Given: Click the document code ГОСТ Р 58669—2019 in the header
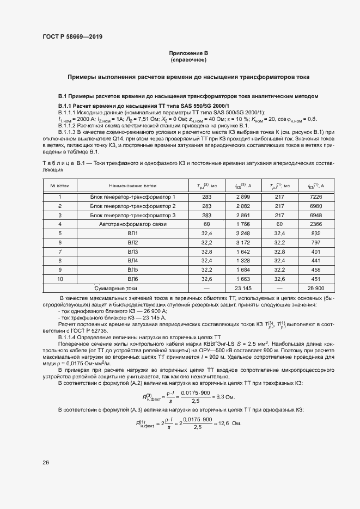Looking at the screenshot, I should [72, 37].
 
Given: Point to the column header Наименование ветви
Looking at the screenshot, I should [132, 186].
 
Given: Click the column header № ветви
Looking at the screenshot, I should [60, 186].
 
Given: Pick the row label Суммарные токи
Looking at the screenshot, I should [116, 288].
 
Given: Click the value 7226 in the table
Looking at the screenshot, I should [316, 197].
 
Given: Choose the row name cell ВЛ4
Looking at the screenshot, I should [132, 260].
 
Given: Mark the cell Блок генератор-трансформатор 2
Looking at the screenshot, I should [132, 206].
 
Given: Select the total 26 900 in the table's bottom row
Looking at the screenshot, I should [316, 288].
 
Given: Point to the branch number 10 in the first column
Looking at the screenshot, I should [60, 279].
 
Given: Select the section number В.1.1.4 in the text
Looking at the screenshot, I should [69, 338].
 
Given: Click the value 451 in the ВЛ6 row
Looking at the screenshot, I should [316, 279].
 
